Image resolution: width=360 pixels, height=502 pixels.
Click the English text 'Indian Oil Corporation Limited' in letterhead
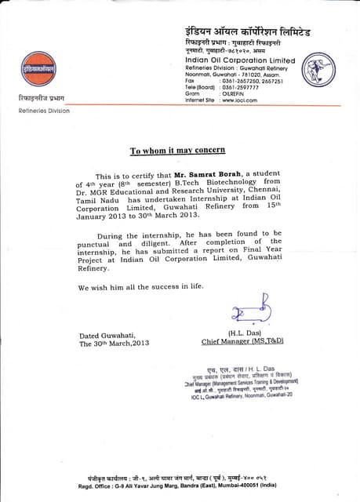coord(240,60)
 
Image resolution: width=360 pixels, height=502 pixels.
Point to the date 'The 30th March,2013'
coord(115,342)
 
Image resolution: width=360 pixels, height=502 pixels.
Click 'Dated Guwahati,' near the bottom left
coord(111,333)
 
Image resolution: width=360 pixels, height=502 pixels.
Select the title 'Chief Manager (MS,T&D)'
coord(242,341)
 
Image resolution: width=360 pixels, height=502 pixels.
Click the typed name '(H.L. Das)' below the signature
coord(244,333)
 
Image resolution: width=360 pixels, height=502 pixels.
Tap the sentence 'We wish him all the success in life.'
coord(140,286)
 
